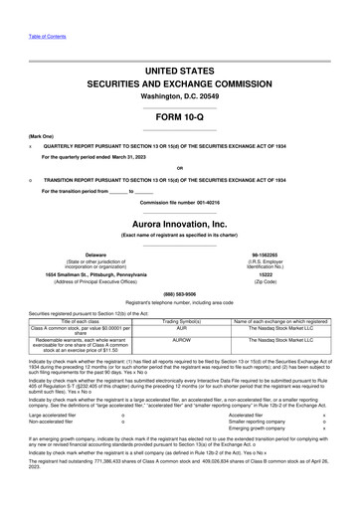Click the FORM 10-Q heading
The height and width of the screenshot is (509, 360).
tap(179, 117)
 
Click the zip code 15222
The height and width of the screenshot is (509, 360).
tap(266, 274)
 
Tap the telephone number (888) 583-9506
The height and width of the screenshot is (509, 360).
tap(179, 294)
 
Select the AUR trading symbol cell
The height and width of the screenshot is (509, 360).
tap(182, 325)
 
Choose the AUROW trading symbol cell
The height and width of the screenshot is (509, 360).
tap(182, 340)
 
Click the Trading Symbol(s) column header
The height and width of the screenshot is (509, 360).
tap(182, 318)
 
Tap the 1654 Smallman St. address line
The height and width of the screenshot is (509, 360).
tap(95, 274)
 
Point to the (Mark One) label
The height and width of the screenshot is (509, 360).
tap(41, 135)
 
